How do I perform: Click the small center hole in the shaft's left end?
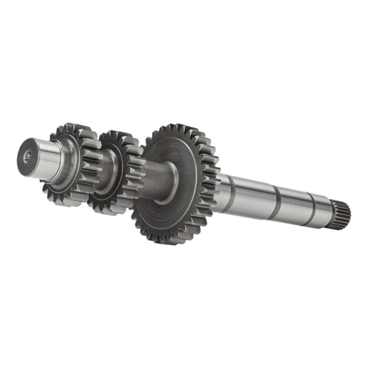pyautogui.click(x=27, y=157)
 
